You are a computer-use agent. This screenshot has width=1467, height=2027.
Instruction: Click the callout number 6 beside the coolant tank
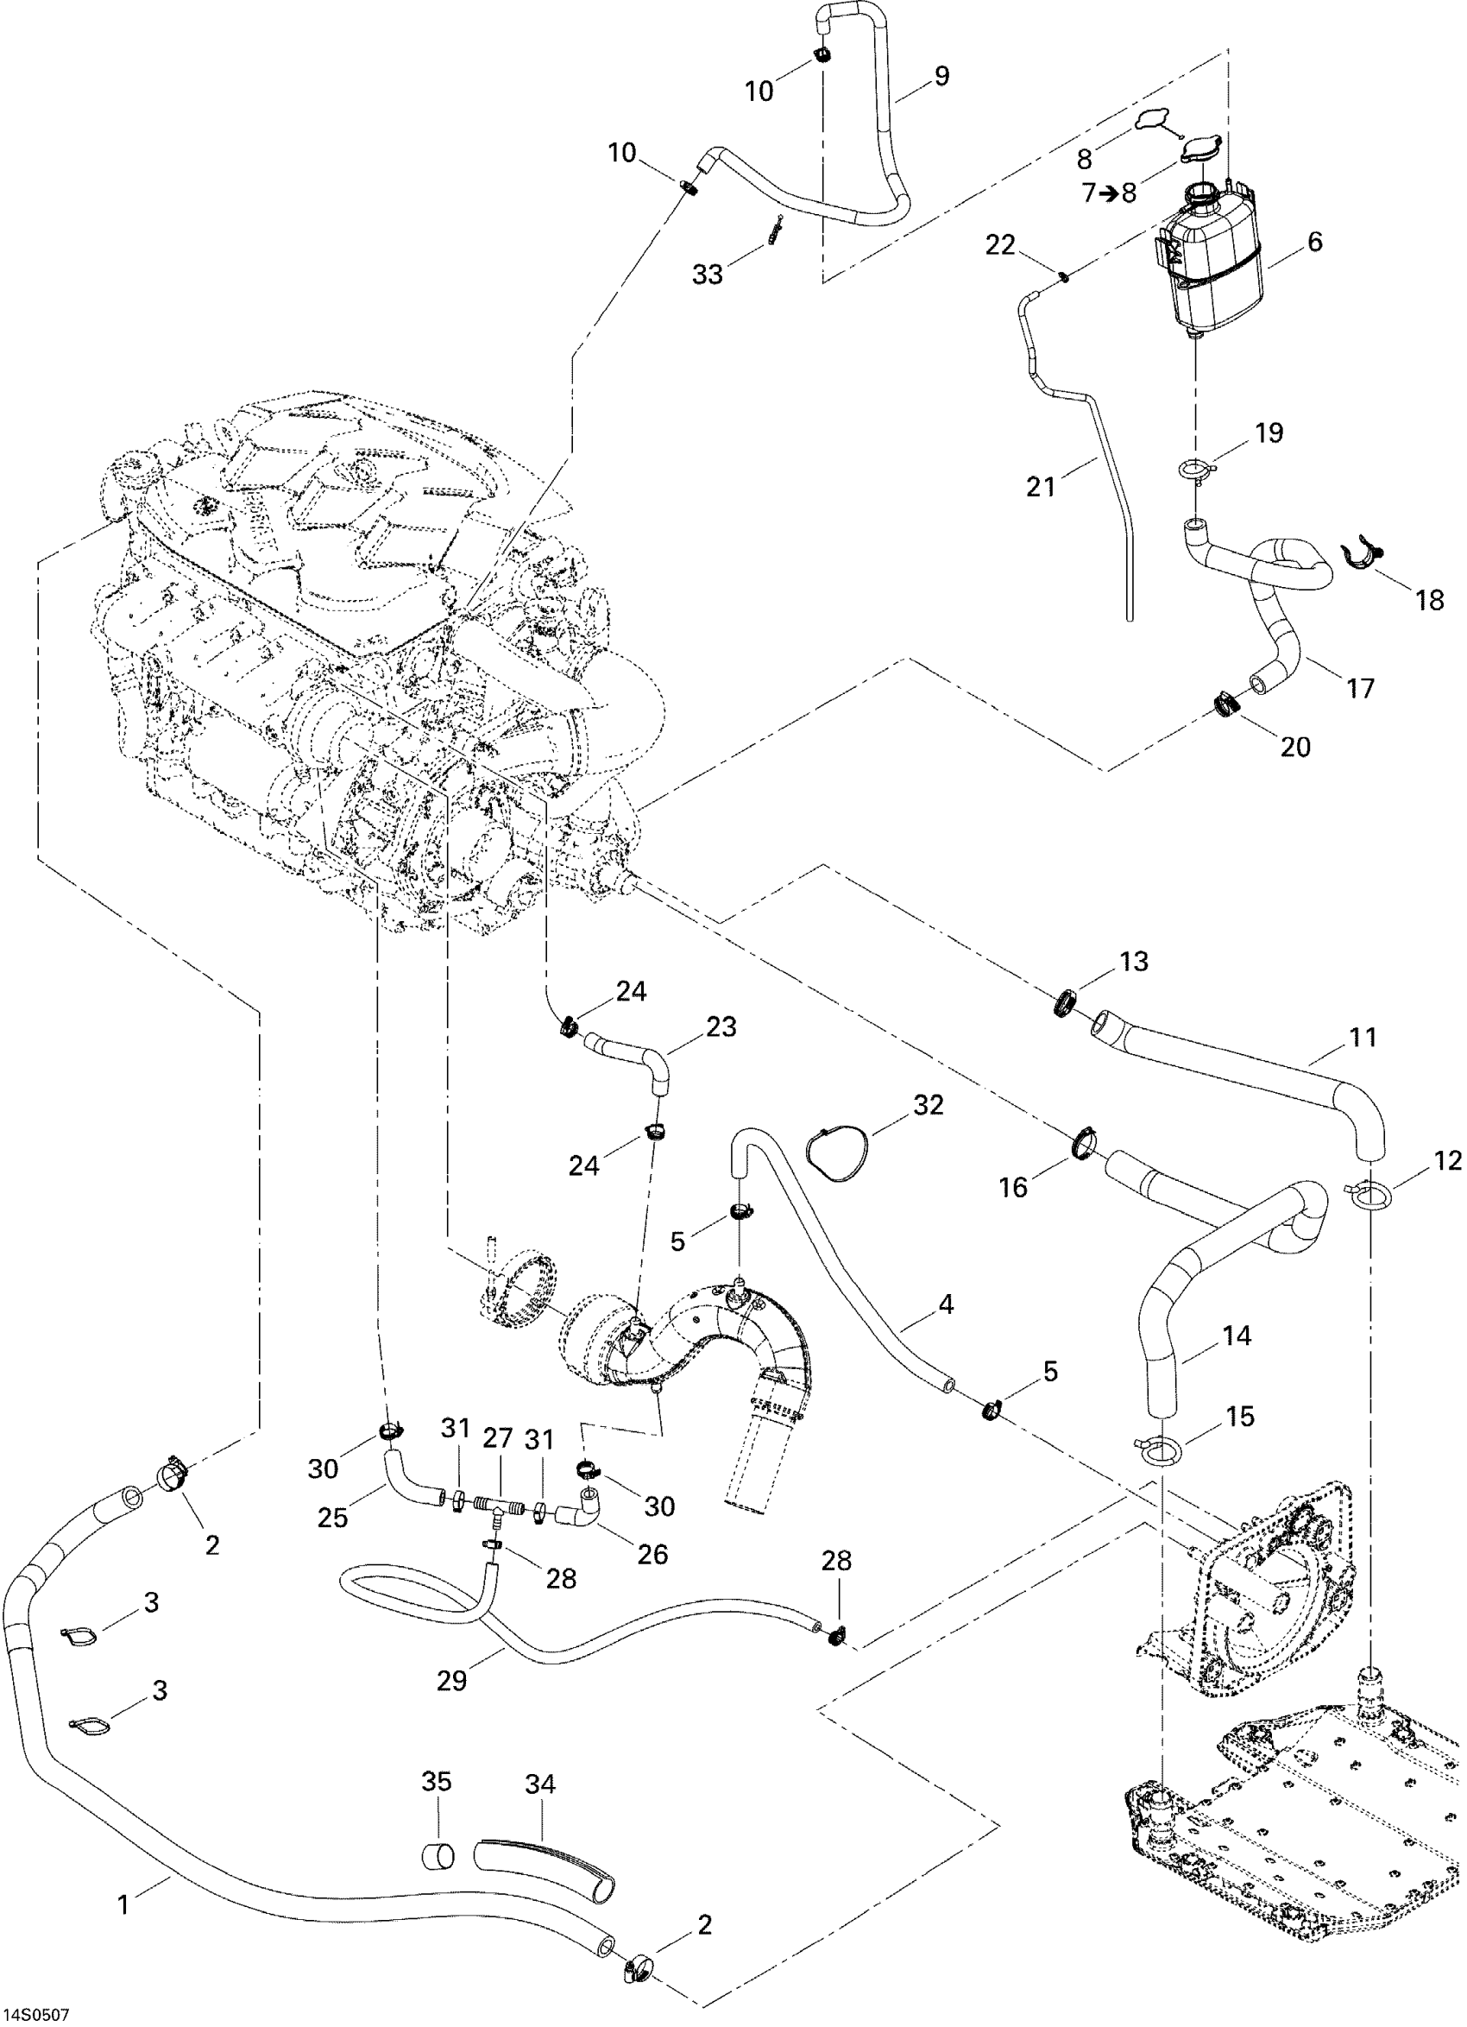click(x=1314, y=242)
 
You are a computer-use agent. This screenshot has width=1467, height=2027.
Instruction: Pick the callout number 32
click(x=929, y=1105)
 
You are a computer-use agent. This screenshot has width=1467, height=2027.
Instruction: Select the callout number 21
click(x=1040, y=487)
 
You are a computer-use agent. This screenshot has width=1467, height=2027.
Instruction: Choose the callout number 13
click(x=1134, y=962)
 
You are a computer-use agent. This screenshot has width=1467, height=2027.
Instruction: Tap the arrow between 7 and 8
click(x=1107, y=193)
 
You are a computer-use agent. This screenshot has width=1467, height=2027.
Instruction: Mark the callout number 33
click(x=708, y=275)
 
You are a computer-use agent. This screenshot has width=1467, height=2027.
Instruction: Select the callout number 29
click(x=452, y=1681)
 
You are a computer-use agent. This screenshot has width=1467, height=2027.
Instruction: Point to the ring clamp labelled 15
click(x=1159, y=1449)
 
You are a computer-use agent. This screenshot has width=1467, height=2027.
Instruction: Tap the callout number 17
click(x=1361, y=688)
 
